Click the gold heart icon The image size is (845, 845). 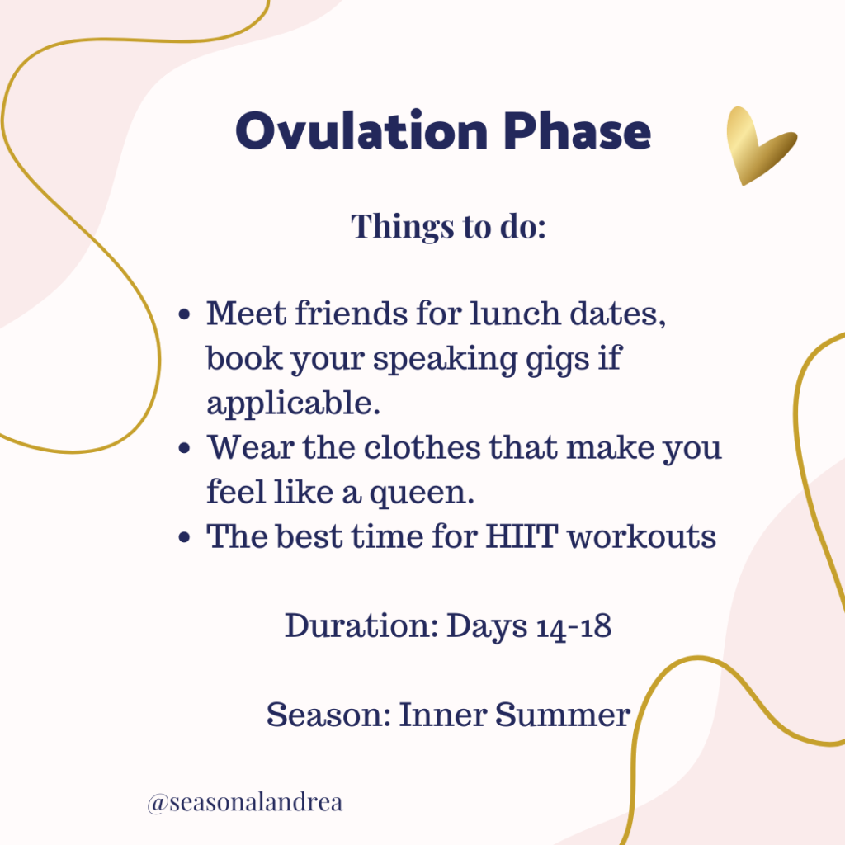pos(757,144)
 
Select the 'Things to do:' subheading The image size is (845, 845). pos(448,225)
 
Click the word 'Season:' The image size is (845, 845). pos(328,715)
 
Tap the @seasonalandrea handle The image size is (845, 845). pos(244,803)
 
